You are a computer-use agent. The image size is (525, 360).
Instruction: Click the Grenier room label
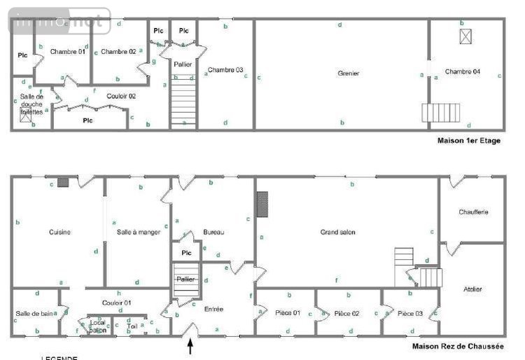[x=348, y=73]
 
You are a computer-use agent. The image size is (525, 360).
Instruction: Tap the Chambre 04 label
[x=462, y=71]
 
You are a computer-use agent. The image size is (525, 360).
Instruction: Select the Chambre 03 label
[x=225, y=69]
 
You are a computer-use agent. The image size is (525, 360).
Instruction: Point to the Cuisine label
[x=59, y=232]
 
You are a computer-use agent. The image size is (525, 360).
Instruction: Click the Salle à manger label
[x=139, y=232]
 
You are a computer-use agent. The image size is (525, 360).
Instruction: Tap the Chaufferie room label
[x=473, y=212]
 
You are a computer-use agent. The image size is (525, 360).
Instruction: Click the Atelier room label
[x=473, y=289]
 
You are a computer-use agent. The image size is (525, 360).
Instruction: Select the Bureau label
[x=213, y=232]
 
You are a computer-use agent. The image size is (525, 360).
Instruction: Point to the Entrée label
[x=214, y=308]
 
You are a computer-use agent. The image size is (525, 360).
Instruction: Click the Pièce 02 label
[x=346, y=313]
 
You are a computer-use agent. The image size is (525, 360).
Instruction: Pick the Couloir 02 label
[x=121, y=95]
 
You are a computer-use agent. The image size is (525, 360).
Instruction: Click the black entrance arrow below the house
[x=190, y=346]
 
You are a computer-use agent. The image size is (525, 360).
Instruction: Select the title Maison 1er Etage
[x=469, y=141]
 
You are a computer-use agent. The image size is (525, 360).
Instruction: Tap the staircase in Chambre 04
[x=441, y=113]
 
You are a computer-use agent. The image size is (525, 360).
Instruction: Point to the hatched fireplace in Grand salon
[x=262, y=205]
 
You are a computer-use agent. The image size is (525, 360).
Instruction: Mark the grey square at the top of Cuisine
[x=63, y=182]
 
